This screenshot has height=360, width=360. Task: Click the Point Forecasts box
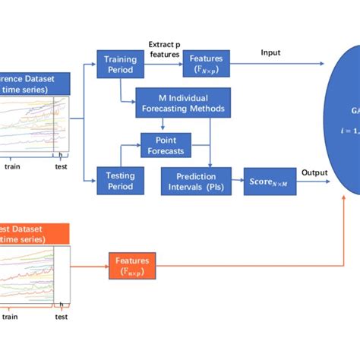(x=166, y=144)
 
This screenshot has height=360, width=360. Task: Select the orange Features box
(x=132, y=265)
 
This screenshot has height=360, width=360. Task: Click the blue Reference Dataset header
(x=34, y=84)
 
